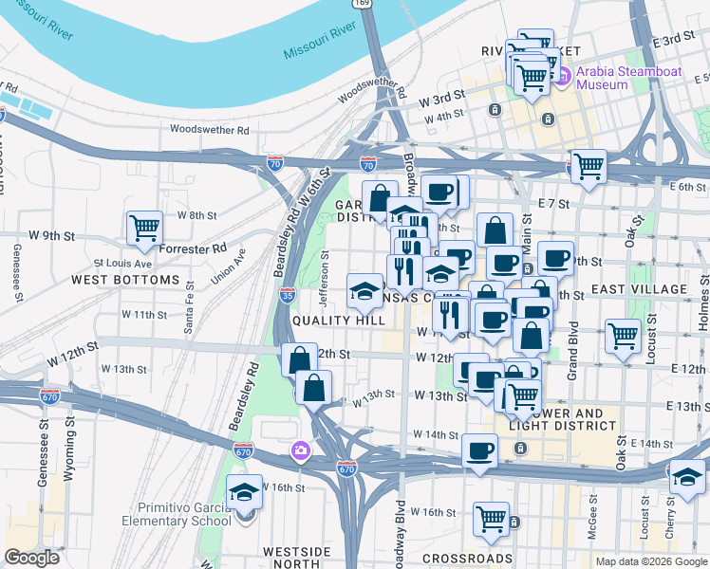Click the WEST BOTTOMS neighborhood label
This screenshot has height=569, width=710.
(x=124, y=280)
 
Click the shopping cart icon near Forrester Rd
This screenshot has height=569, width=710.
(x=144, y=227)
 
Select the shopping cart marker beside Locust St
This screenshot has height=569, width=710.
(x=623, y=335)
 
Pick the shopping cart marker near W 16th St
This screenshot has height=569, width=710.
(x=490, y=517)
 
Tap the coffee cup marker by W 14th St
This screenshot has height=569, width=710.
(x=479, y=449)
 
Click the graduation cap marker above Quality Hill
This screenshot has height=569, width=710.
(x=364, y=291)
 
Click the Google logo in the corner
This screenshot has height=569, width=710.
(x=31, y=558)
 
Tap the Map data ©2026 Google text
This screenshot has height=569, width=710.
(x=651, y=561)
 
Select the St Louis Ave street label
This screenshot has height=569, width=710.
(x=122, y=263)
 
